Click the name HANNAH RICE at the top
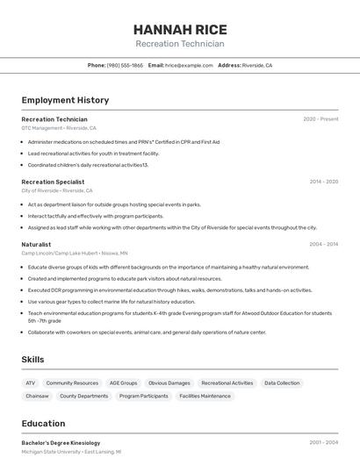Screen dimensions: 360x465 (180, 29)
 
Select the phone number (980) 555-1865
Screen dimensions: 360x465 (125, 65)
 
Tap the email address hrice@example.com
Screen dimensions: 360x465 (189, 65)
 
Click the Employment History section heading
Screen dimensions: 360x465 (65, 100)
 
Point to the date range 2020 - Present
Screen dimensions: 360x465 (320, 119)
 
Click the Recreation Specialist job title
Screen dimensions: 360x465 (53, 182)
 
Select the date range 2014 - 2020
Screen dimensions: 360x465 (323, 182)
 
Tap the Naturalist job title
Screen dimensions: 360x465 (36, 244)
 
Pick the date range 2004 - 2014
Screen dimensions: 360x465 (323, 244)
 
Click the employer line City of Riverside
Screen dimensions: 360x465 (57, 190)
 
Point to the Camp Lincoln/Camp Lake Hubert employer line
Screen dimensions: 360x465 (74, 253)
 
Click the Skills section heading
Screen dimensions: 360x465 (32, 360)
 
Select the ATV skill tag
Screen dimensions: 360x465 (31, 383)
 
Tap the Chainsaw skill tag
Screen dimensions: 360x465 (38, 396)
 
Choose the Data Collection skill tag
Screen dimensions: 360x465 (282, 383)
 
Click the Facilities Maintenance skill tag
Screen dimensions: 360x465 (205, 396)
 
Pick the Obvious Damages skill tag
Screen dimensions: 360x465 (169, 383)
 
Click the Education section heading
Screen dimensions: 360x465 (43, 423)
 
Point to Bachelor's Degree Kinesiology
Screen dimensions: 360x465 (61, 443)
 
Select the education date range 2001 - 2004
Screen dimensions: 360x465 (323, 443)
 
